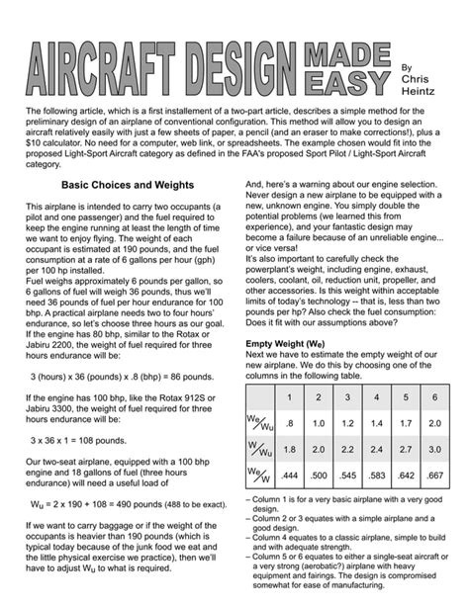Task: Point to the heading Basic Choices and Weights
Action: [129, 185]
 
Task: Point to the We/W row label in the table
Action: [258, 476]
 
